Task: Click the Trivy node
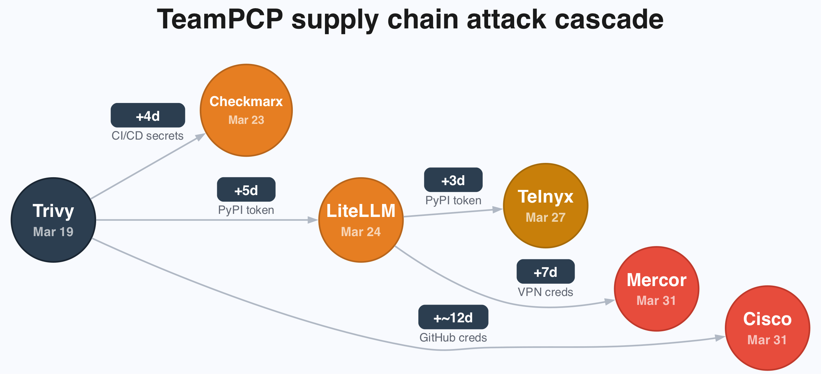click(53, 220)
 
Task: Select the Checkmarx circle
click(246, 110)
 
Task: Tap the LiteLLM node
click(361, 220)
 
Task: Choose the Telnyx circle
click(545, 205)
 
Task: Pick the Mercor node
click(656, 288)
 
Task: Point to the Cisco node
click(767, 328)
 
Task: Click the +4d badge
click(148, 116)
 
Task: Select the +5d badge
click(246, 190)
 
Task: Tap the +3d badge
click(453, 180)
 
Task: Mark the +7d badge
click(545, 272)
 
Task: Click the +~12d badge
click(453, 317)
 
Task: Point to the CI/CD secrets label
click(147, 136)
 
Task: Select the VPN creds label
click(545, 292)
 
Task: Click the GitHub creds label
click(453, 338)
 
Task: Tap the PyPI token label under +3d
click(453, 201)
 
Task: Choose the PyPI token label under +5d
click(246, 210)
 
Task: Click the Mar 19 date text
click(53, 232)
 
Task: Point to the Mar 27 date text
click(545, 218)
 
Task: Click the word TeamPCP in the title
click(220, 20)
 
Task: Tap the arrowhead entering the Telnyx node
click(498, 209)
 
